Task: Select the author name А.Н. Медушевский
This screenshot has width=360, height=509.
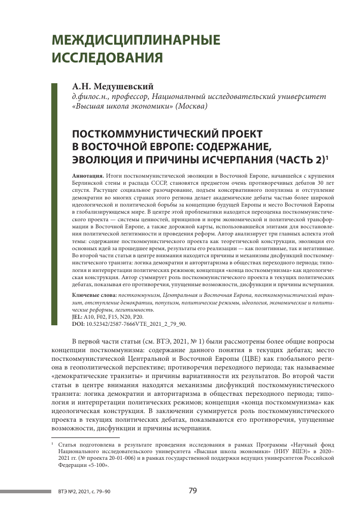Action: tap(112, 87)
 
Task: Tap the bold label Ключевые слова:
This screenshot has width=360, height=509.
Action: tap(95, 295)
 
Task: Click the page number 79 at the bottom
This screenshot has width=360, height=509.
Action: tap(192, 490)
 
